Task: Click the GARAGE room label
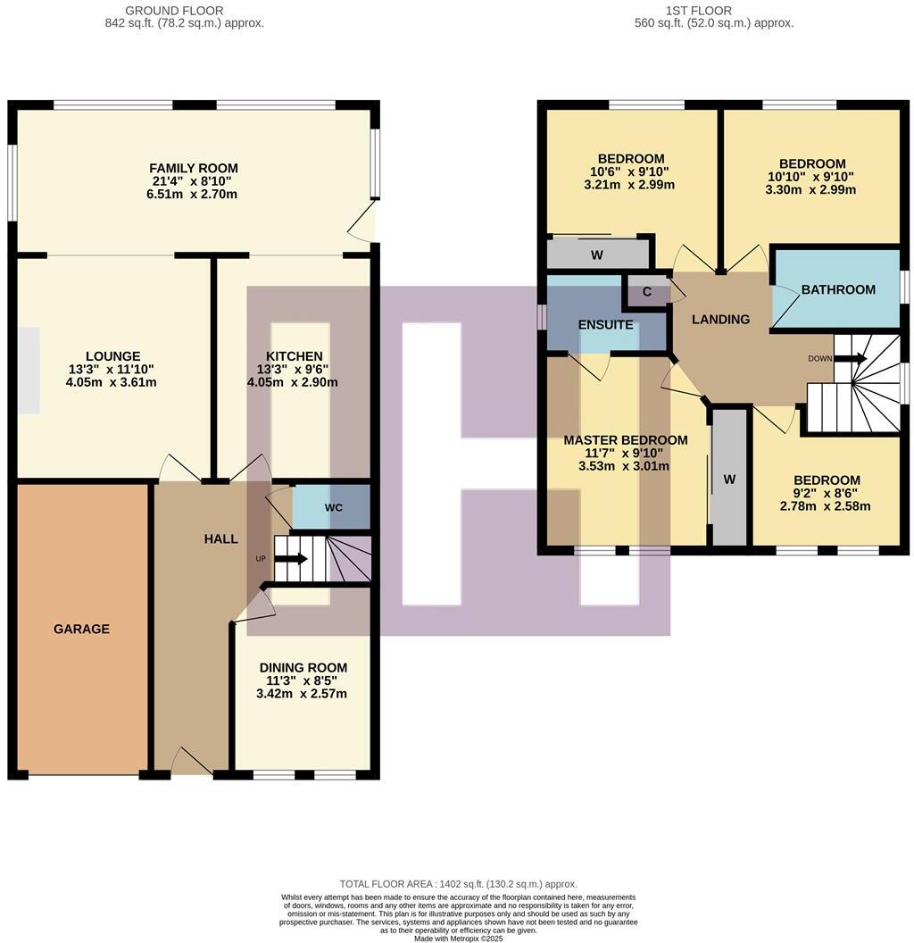click(x=81, y=629)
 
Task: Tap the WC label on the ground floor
click(x=334, y=507)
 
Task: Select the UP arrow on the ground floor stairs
click(x=290, y=559)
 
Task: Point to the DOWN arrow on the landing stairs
click(x=850, y=358)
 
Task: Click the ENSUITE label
click(x=605, y=325)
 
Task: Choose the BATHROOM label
click(x=837, y=289)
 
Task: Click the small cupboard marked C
click(x=647, y=291)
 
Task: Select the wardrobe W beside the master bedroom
click(x=728, y=480)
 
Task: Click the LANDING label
click(x=720, y=320)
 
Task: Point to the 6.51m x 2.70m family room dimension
click(x=193, y=195)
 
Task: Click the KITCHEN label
click(x=294, y=356)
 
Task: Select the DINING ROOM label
click(x=303, y=667)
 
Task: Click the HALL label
click(x=220, y=538)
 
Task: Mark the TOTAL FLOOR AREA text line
click(x=458, y=883)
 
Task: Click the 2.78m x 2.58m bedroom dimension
click(x=825, y=506)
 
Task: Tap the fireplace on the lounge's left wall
click(x=29, y=370)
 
